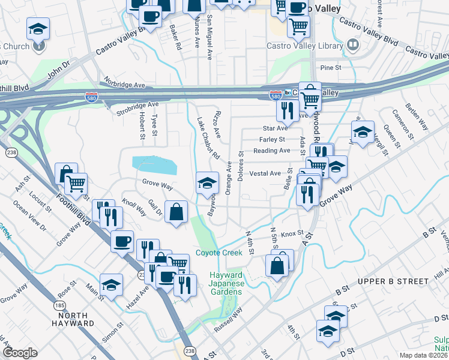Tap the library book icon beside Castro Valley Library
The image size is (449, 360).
pyautogui.click(x=354, y=44)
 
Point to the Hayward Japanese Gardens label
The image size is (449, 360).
pyautogui.click(x=226, y=283)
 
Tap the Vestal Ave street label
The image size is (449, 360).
pyautogui.click(x=265, y=173)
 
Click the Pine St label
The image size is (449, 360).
pyautogui.click(x=330, y=68)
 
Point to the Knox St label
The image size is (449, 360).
pyautogui.click(x=292, y=233)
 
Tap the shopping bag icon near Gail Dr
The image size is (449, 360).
pyautogui.click(x=176, y=211)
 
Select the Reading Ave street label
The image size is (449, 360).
pyautogui.click(x=271, y=151)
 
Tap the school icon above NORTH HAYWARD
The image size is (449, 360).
pyautogui.click(x=111, y=285)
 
